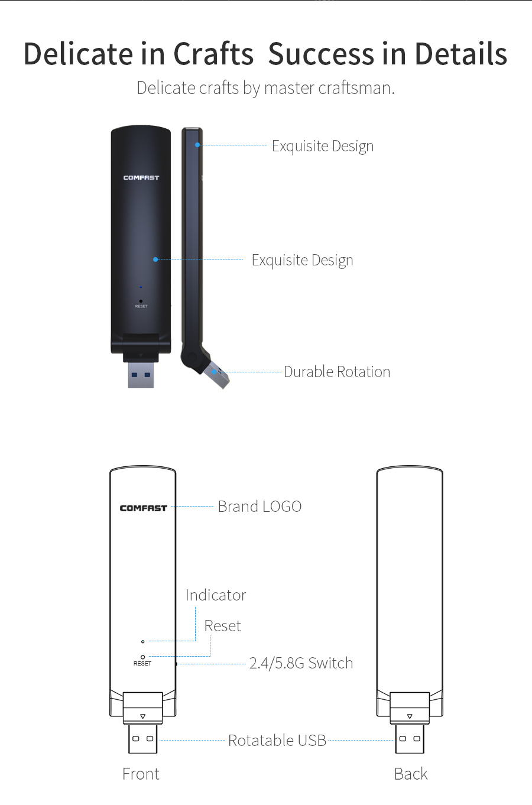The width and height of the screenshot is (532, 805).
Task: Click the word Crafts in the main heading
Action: (x=213, y=54)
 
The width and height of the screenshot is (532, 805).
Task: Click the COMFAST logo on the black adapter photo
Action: (x=141, y=177)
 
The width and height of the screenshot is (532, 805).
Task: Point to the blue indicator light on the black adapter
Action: (x=141, y=287)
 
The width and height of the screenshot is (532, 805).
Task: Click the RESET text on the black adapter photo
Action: (x=141, y=307)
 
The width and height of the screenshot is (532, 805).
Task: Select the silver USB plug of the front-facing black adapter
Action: (x=141, y=375)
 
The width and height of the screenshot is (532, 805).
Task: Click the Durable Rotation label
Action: (x=337, y=372)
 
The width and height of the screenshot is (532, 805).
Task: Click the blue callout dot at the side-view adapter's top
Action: (x=197, y=145)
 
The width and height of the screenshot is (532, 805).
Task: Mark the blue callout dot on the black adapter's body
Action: (x=155, y=259)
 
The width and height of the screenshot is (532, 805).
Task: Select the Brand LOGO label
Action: (x=259, y=507)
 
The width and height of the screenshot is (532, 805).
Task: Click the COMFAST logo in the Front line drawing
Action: (x=144, y=508)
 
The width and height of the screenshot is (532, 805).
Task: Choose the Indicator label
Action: (x=216, y=595)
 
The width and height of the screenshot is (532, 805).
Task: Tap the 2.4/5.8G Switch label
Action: (x=301, y=663)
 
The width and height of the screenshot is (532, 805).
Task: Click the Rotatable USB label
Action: (x=277, y=741)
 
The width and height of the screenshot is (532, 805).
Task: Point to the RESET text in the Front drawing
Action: (x=142, y=663)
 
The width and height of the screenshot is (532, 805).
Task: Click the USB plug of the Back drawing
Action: (x=410, y=739)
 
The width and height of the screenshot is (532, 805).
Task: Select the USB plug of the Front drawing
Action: (x=142, y=739)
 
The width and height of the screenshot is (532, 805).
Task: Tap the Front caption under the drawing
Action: (x=141, y=774)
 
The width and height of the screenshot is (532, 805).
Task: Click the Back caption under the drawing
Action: (x=411, y=774)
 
